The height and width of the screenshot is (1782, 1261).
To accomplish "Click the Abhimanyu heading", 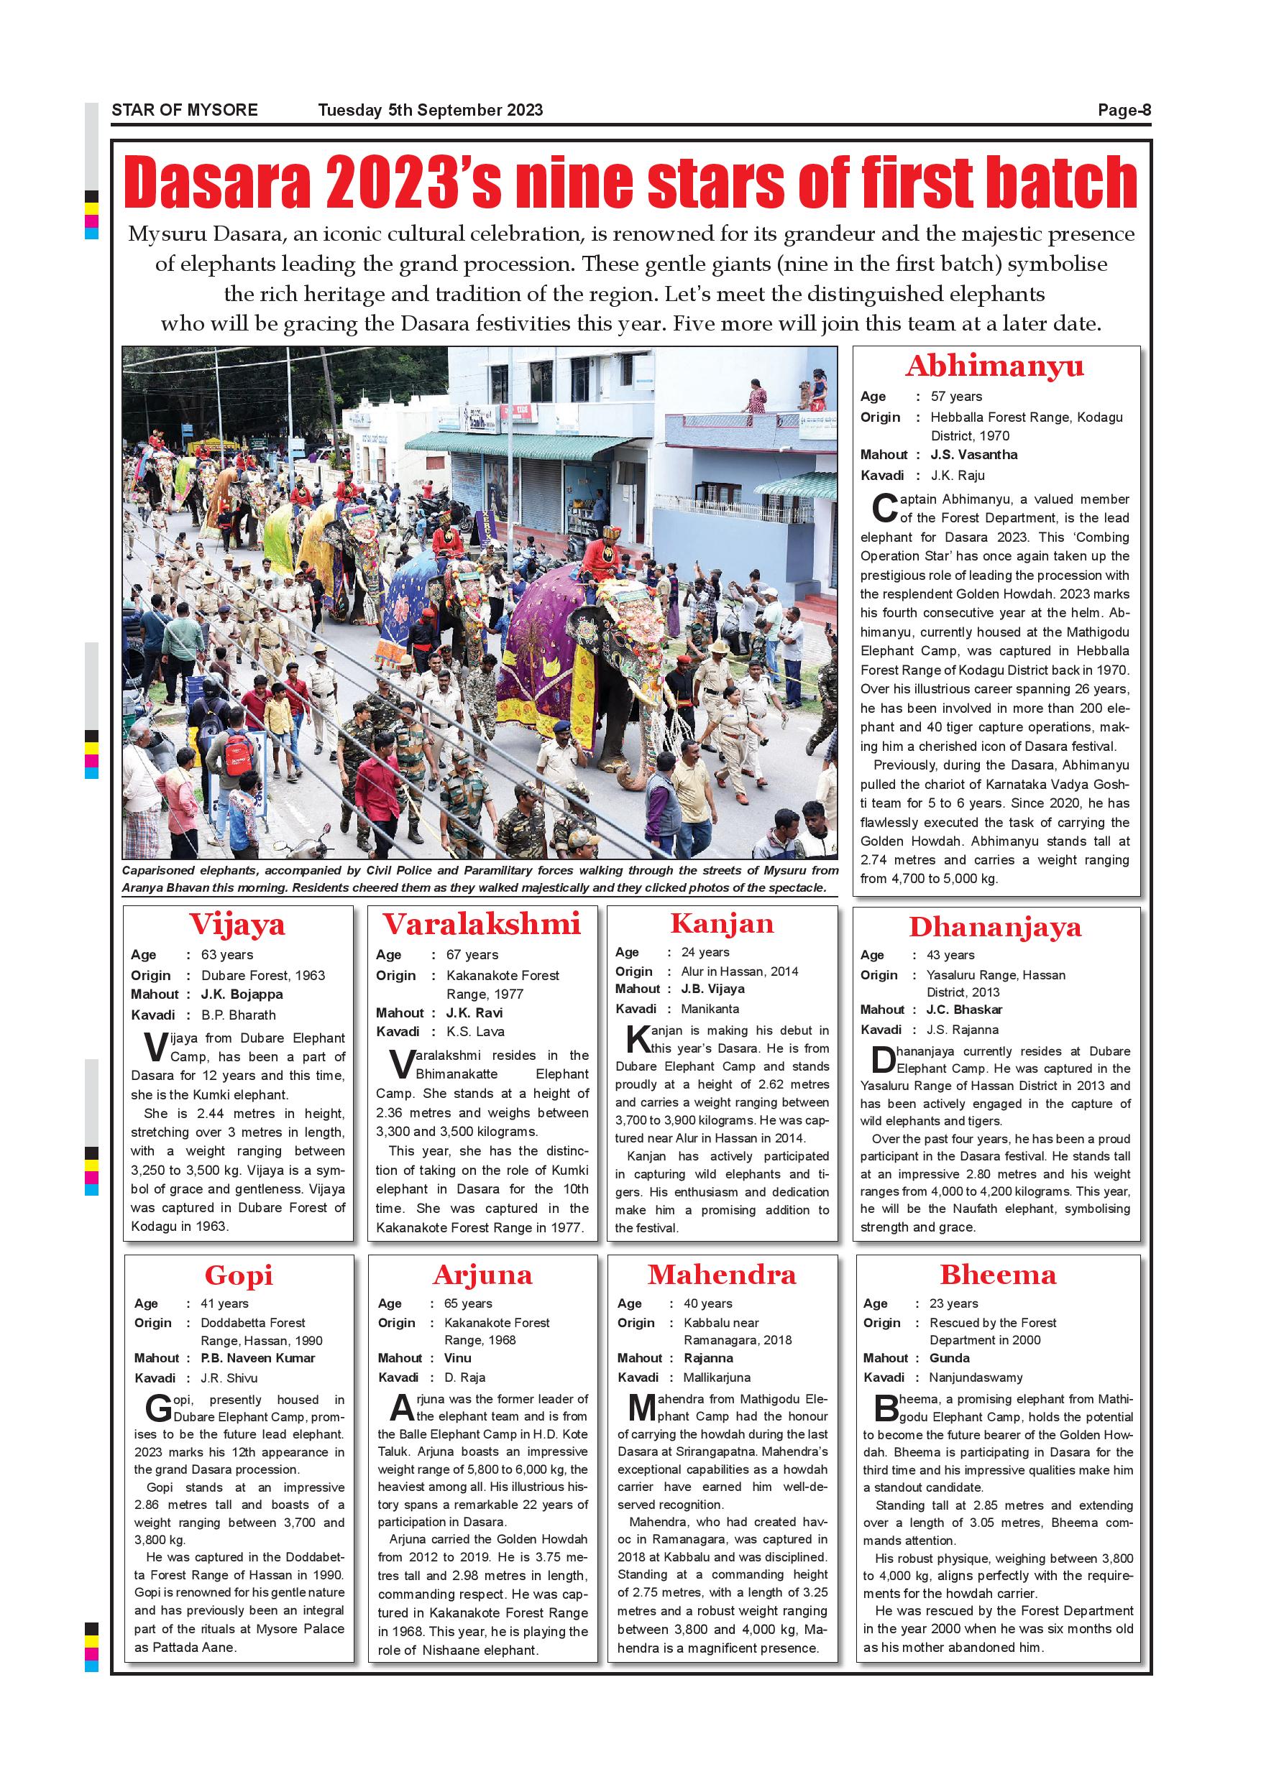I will pos(995,366).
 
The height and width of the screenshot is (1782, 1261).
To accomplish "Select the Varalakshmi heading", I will pos(482,923).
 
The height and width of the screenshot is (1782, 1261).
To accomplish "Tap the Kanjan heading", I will pos(721,923).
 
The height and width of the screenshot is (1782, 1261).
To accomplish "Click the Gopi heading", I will pos(239,1275).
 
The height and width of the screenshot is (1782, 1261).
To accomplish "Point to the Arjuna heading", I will pos(482,1275).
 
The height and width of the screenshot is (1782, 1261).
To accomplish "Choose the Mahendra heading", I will pos(721,1275).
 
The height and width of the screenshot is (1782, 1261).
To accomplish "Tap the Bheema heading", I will pos(998,1275).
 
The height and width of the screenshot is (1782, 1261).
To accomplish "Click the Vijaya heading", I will pos(237,923).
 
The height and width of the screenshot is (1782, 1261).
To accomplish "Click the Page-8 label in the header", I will pos(1124,110).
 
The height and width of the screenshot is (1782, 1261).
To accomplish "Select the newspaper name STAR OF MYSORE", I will pos(185,110).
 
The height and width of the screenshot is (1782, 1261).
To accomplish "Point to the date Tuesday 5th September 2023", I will pos(430,110).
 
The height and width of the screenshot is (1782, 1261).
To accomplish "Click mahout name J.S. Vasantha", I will pos(973,455).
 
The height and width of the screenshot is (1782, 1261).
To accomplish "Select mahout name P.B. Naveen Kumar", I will pos(258,1357).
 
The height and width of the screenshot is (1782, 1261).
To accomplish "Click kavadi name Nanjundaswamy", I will pos(976,1377).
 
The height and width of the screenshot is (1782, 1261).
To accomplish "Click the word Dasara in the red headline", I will pos(216,183).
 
